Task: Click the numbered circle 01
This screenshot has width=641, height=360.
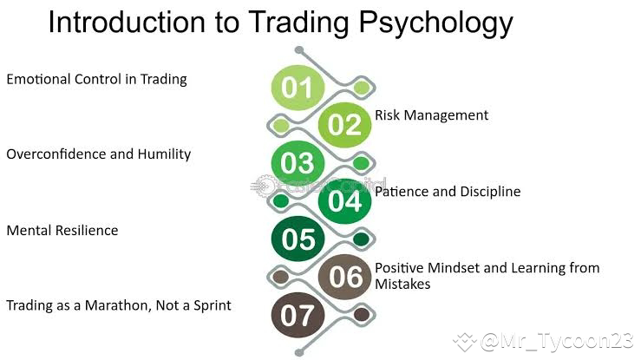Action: point(298,87)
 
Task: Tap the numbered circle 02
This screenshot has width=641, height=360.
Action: point(344,125)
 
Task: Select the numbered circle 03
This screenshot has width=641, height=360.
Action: point(298,163)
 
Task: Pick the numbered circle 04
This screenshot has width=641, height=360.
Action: point(344,201)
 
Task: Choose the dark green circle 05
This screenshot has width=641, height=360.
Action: point(298,239)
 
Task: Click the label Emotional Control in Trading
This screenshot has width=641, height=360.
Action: point(96,80)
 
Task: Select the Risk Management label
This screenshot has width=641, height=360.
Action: point(431,115)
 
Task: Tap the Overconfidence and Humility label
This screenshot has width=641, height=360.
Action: point(98,154)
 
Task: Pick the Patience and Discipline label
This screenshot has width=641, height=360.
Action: point(448,192)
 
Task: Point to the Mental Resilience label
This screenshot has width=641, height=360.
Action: point(62,231)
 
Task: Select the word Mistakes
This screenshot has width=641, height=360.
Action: point(402,284)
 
